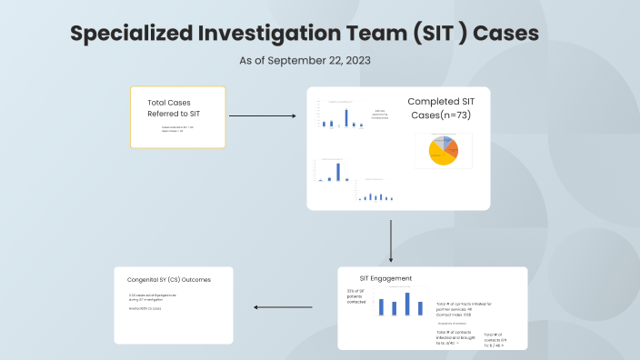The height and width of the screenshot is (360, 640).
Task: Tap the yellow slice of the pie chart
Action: pos(440,158)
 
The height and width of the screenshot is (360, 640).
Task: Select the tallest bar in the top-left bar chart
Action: pos(346,117)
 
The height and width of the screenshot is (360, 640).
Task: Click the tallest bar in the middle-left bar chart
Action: pos(338,171)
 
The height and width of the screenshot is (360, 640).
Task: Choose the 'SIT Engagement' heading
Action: pos(385,278)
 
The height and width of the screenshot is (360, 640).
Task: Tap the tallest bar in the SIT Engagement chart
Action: pos(407,304)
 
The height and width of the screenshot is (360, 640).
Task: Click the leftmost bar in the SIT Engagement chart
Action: pos(382,306)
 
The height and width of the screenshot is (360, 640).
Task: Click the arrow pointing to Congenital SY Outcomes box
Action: pos(282,306)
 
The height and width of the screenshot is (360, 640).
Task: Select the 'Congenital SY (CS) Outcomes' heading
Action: pos(169,280)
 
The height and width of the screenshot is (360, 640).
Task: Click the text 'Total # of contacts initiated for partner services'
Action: pos(464,306)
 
